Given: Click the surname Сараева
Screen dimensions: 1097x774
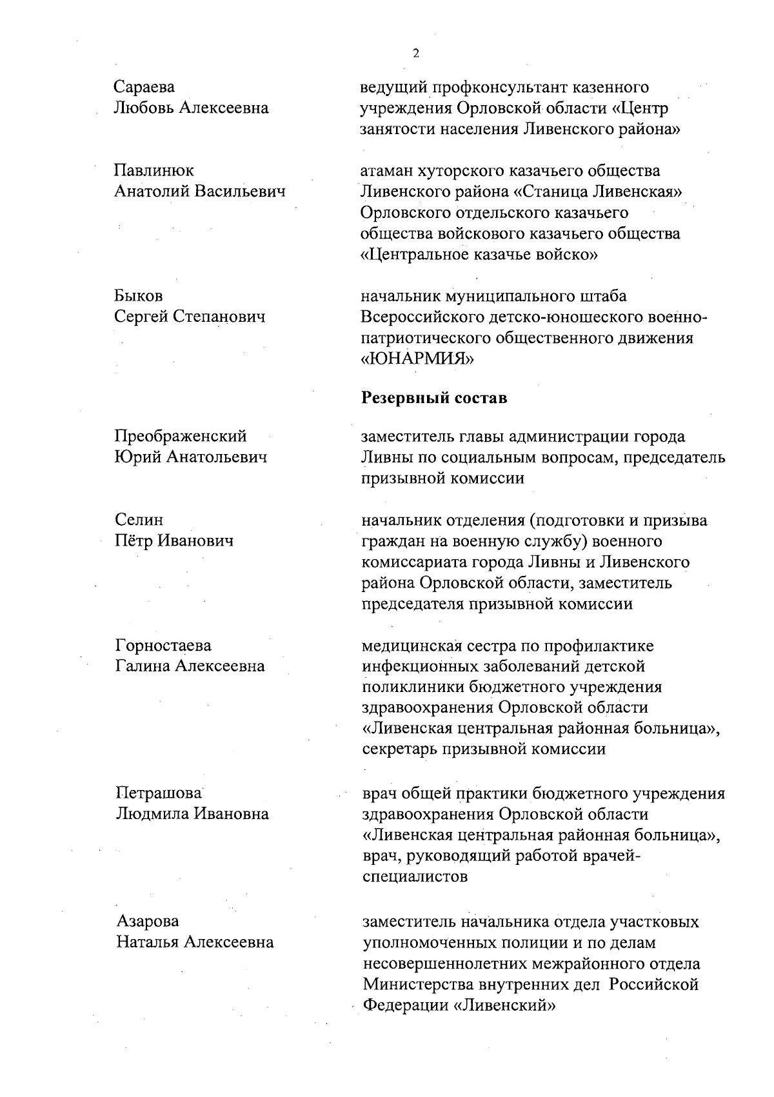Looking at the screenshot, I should [x=144, y=86].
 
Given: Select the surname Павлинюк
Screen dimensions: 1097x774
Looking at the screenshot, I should [x=154, y=170].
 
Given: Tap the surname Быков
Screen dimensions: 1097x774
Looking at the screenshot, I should [x=139, y=296].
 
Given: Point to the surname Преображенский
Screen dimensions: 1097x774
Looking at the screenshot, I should [x=181, y=437].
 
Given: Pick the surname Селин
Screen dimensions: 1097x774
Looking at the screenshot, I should [x=139, y=520].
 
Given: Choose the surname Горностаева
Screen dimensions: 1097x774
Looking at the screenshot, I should [x=163, y=646].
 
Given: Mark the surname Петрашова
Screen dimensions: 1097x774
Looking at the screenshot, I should [x=159, y=793].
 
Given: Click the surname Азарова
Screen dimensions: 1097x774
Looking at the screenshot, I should [x=148, y=922].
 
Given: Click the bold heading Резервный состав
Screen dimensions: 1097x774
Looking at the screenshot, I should [x=434, y=398].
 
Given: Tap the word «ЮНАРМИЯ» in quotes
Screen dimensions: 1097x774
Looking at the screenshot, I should [x=417, y=359].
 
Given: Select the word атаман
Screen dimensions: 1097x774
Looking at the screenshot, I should [x=386, y=171].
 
